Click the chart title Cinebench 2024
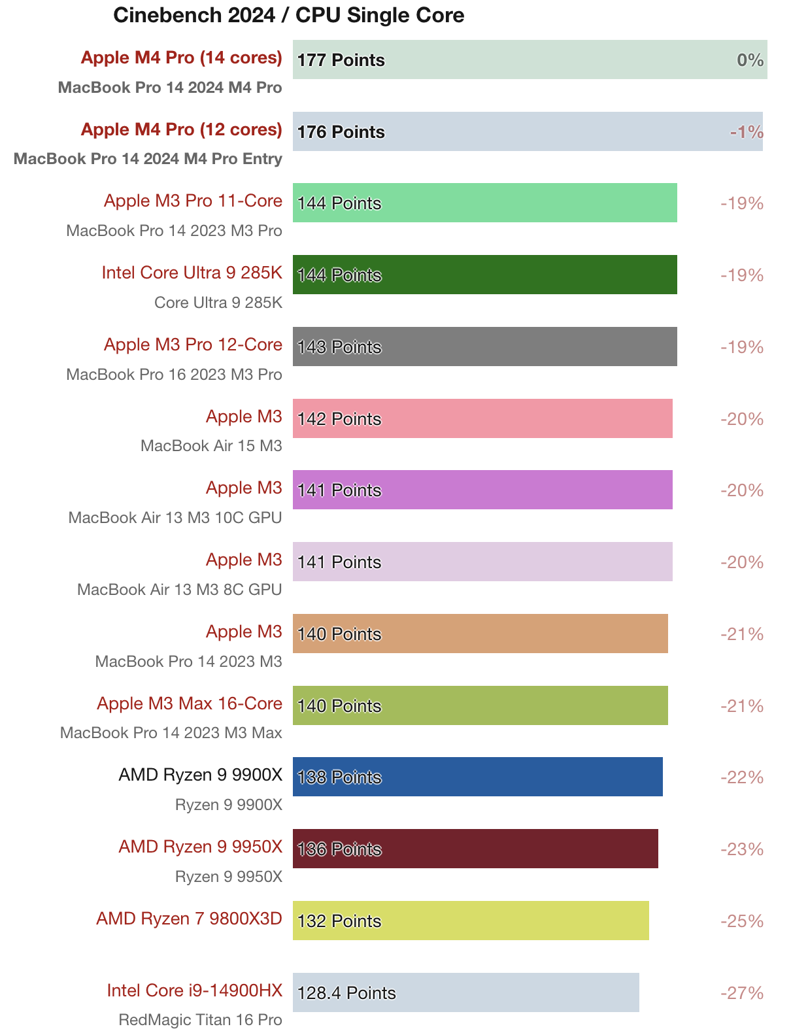pos(288,15)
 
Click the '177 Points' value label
pos(341,60)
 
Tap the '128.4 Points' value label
pos(346,993)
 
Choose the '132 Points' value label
pos(339,921)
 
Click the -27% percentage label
pos(742,993)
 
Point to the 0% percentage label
pos(750,60)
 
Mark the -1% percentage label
pos(747,132)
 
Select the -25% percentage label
pos(742,921)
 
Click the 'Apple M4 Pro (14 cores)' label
pos(181,58)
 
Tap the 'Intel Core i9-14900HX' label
pos(195,991)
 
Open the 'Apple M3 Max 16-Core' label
pos(190,703)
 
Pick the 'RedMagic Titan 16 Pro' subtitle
pos(200,1020)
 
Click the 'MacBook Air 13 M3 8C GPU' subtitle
pos(179,590)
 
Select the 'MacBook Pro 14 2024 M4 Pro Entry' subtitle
pos(148,159)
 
